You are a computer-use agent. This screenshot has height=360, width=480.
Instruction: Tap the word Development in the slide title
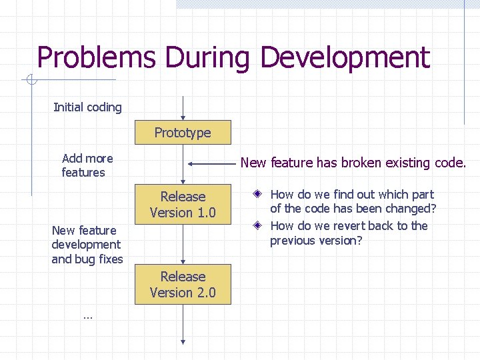tap(345, 58)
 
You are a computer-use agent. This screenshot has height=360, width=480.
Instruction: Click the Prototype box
tap(183, 133)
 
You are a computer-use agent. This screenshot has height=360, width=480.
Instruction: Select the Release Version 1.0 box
tap(183, 205)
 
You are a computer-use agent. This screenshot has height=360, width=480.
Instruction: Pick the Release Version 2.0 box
tap(183, 285)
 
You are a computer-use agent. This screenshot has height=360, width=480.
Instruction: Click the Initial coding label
tap(87, 107)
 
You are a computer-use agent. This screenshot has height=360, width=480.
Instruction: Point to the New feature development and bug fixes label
tap(87, 245)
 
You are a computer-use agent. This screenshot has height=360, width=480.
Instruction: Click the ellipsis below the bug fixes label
tap(87, 316)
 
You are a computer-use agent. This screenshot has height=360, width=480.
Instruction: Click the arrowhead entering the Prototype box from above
tap(183, 118)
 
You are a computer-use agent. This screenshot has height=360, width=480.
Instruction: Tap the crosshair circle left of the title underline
tap(31, 81)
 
